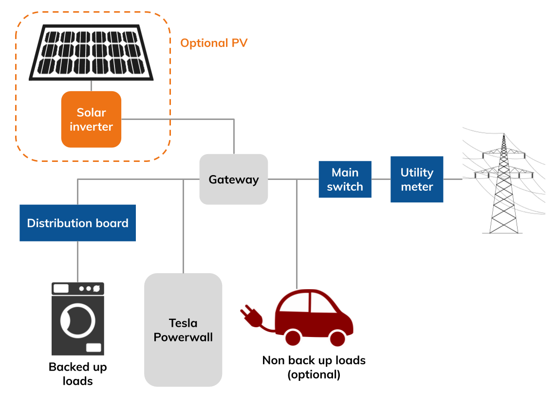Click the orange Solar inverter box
coord(91,119)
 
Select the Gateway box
coord(234,179)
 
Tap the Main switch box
coord(345,179)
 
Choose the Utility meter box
coord(417,179)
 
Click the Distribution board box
coord(77,223)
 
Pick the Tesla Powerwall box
coord(183,330)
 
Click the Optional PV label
coord(214,43)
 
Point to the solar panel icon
coord(91,52)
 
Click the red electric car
coord(314,317)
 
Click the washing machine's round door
coord(77,320)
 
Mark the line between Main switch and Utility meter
coord(381,179)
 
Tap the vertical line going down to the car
coord(297,234)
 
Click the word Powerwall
coord(183,337)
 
